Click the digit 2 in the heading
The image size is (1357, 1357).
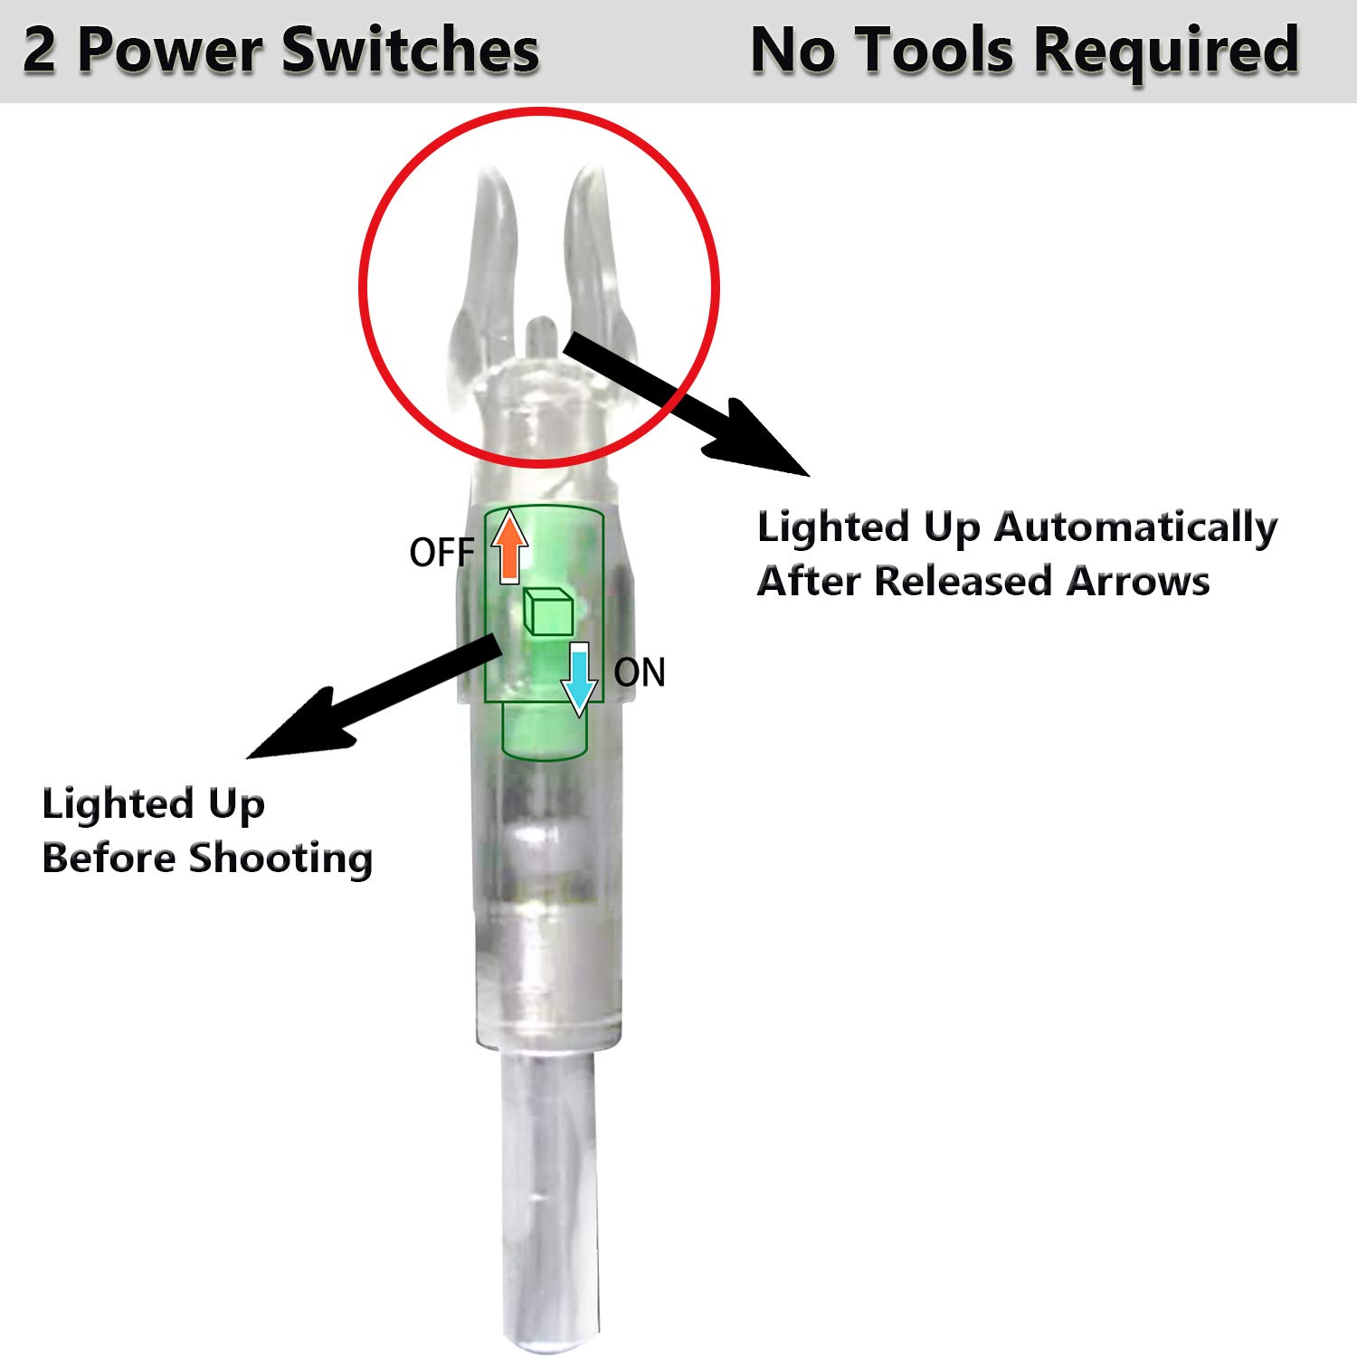point(38,51)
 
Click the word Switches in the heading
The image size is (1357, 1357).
point(411,51)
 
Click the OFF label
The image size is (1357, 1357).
point(441,553)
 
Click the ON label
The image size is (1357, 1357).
point(639,673)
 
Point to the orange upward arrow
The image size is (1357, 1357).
point(509,546)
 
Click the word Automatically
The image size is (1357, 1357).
point(1135,528)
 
